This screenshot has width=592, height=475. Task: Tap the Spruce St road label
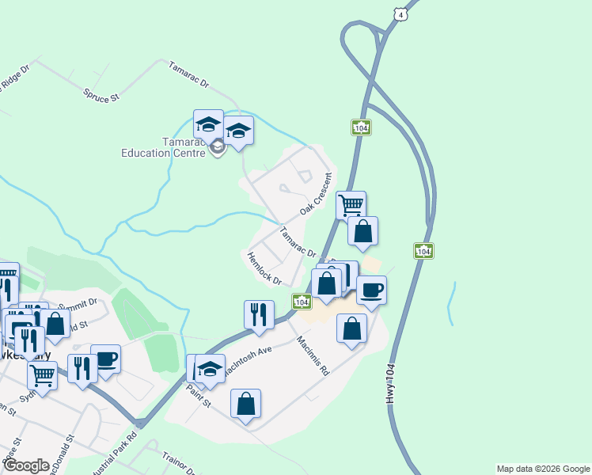[101, 94]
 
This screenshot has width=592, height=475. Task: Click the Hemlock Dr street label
[264, 268]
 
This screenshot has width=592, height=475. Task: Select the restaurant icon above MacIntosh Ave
[259, 314]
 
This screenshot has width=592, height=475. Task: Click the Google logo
[27, 465]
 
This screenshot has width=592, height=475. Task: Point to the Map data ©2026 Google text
[543, 469]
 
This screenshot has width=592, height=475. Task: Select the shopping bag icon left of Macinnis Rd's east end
[351, 328]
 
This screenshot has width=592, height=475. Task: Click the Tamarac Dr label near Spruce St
[188, 74]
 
